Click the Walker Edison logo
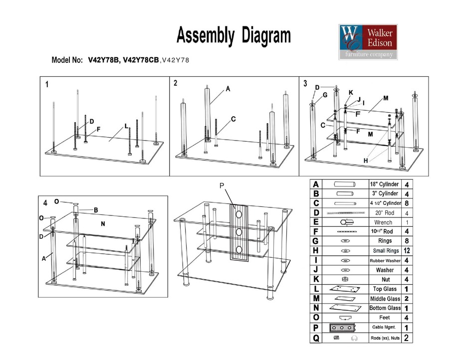pyautogui.click(x=368, y=42)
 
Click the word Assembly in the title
pyautogui.click(x=206, y=36)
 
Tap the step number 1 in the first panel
pyautogui.click(x=47, y=85)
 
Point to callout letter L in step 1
pyautogui.click(x=127, y=124)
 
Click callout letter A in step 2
pyautogui.click(x=228, y=89)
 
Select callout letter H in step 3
pyautogui.click(x=365, y=161)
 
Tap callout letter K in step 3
pyautogui.click(x=351, y=93)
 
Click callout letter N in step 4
pyautogui.click(x=103, y=224)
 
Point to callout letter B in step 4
pyautogui.click(x=95, y=210)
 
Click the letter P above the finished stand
pyautogui.click(x=222, y=185)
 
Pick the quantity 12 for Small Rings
pyautogui.click(x=407, y=251)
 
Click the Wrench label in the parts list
pyautogui.click(x=383, y=222)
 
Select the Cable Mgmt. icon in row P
pyautogui.click(x=342, y=328)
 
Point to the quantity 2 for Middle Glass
pyautogui.click(x=407, y=299)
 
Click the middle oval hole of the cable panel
pyautogui.click(x=239, y=231)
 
